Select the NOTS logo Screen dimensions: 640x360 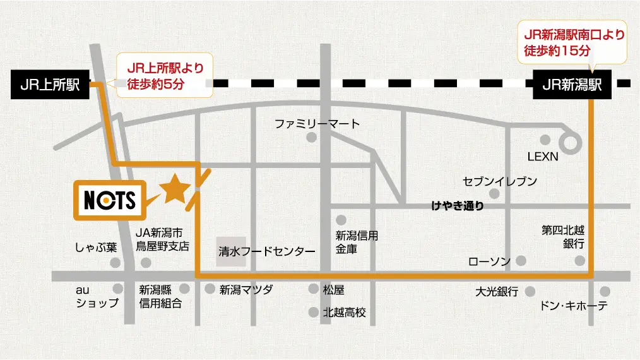tap(110, 200)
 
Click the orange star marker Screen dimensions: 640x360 tap(174, 189)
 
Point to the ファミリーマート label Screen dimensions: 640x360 tap(317, 124)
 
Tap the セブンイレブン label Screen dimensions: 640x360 tap(500, 181)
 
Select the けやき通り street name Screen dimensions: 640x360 tap(458, 205)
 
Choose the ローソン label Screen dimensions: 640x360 tap(489, 261)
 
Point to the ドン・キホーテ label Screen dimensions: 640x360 tap(574, 306)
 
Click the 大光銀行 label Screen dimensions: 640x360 tap(497, 292)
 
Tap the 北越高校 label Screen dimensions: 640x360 tap(344, 312)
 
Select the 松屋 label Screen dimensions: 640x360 tap(333, 290)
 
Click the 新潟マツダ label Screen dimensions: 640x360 tap(246, 290)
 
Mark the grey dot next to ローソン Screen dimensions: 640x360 tap(521, 260)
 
